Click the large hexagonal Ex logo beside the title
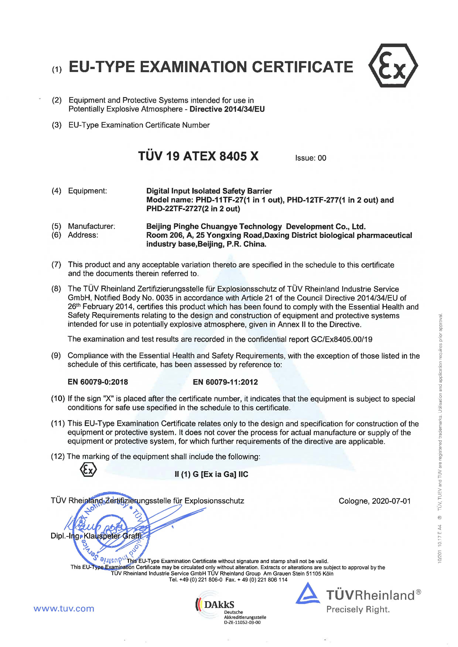point(393,66)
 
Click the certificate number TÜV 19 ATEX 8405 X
point(198,156)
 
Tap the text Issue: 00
point(310,158)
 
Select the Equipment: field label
point(87,191)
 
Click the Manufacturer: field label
point(91,226)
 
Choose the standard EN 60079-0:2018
point(98,382)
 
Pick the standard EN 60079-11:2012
point(225,382)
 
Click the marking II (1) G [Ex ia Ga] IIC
point(211,474)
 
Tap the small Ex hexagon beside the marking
point(88,470)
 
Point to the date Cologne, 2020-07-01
point(375,501)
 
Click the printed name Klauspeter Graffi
point(112,536)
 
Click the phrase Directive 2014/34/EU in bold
point(227,109)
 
